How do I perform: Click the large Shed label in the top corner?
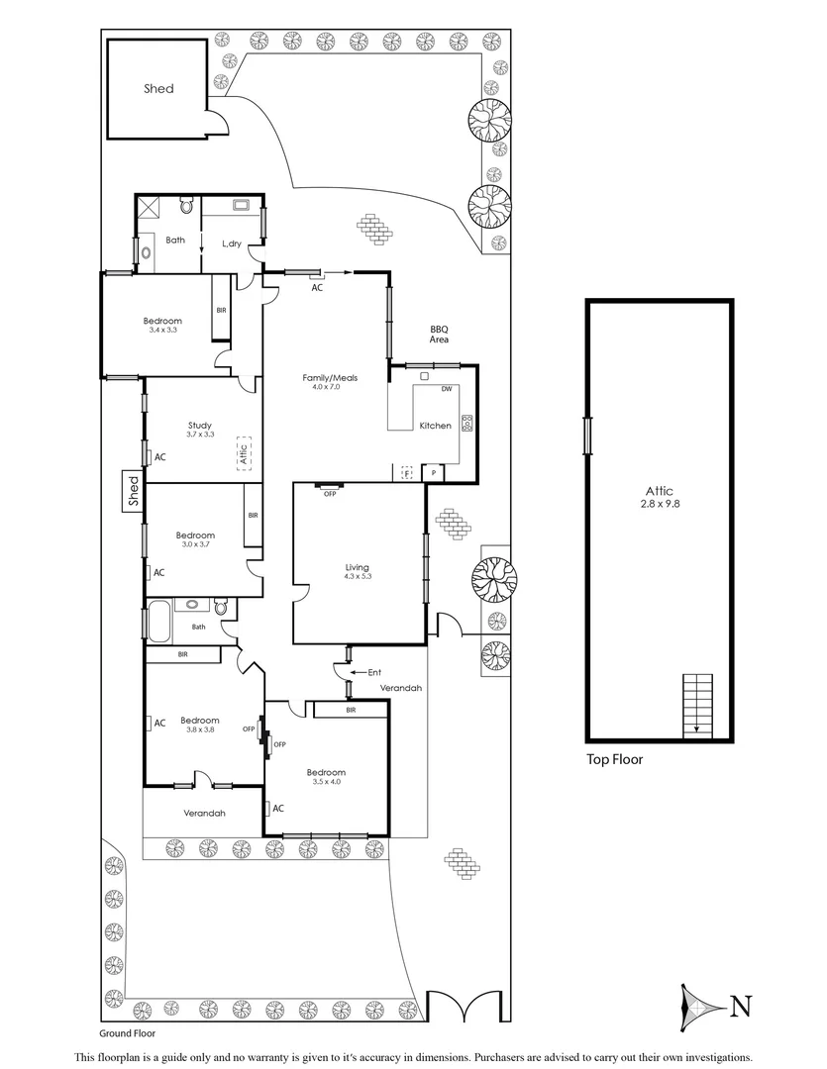click(x=157, y=89)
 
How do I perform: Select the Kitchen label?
click(x=435, y=426)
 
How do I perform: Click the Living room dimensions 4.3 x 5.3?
click(x=357, y=576)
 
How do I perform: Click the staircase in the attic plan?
click(x=697, y=704)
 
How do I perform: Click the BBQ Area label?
click(x=439, y=334)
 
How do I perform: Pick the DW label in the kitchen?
click(x=447, y=389)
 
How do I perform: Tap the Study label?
click(x=200, y=425)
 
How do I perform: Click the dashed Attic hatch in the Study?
click(x=243, y=453)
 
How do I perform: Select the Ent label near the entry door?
click(x=373, y=673)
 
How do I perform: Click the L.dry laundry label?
click(x=232, y=243)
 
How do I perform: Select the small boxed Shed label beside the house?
click(x=133, y=493)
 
